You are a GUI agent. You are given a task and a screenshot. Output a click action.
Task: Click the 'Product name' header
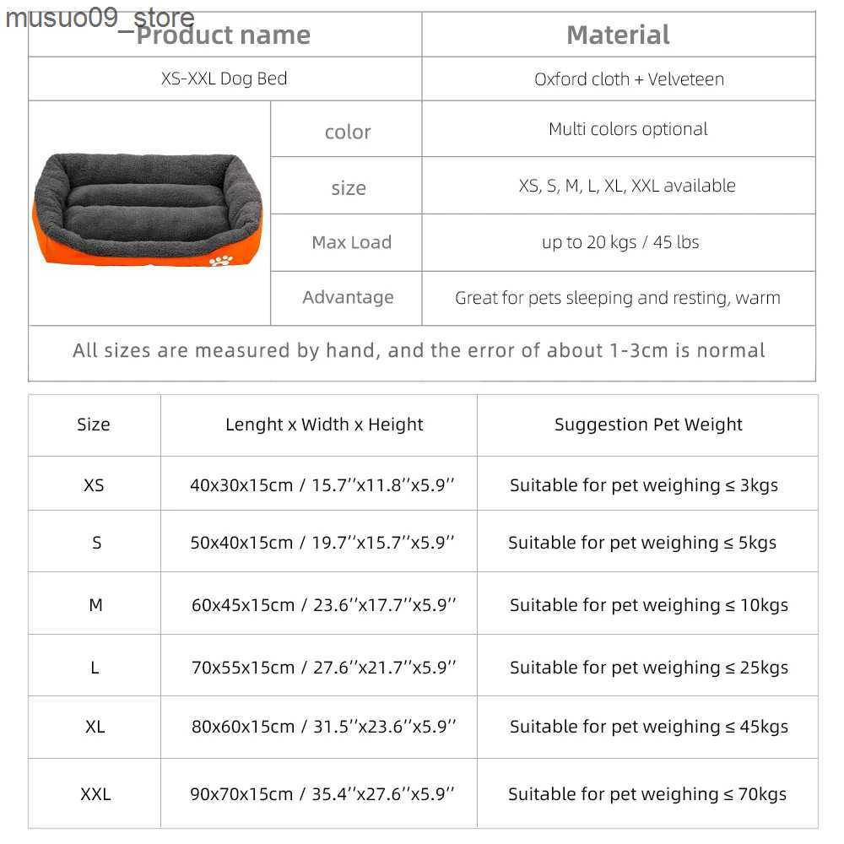224,35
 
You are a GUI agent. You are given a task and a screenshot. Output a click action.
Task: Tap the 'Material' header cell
618,35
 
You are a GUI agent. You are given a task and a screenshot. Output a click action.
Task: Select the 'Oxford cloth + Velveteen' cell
629,79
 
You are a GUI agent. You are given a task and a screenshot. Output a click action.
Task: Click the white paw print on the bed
220,259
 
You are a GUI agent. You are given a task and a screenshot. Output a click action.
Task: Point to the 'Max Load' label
351,242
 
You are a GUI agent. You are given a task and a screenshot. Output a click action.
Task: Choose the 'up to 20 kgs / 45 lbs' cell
620,242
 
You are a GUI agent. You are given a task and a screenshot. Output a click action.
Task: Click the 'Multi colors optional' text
628,129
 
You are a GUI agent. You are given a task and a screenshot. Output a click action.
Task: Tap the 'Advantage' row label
348,297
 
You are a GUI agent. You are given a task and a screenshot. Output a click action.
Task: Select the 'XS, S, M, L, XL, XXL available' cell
627,186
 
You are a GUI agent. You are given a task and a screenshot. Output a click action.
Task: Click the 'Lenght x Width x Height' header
324,425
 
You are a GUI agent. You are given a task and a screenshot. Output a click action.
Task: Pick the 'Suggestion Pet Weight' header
648,425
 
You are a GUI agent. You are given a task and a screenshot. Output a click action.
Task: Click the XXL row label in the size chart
95,794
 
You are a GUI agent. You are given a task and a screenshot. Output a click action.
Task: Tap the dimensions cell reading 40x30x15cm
322,485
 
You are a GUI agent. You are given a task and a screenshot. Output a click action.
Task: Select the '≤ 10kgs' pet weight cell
648,605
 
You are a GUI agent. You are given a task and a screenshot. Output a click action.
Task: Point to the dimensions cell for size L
323,668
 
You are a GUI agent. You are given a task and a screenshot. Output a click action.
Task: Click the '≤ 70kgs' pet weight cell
647,794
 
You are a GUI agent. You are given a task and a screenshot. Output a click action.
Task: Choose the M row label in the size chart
95,605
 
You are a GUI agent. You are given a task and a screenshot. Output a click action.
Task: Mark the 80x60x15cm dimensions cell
323,727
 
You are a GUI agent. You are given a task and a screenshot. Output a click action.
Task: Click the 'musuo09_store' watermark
100,17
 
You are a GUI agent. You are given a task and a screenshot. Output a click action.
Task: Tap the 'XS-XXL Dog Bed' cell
225,79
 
